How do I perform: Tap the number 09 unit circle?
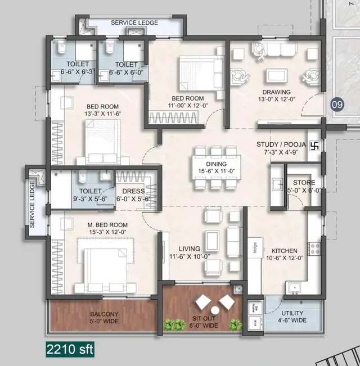(336, 104)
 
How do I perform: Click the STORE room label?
(304, 183)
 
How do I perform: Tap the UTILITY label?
(292, 313)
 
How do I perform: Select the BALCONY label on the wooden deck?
(103, 314)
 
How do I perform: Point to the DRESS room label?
(132, 191)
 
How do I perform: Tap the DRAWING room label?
(275, 92)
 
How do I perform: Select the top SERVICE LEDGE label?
(134, 23)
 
